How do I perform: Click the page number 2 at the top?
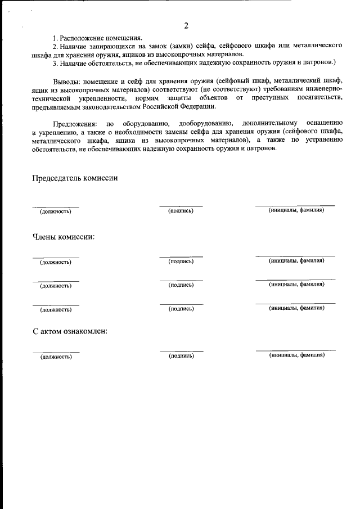(x=186, y=26)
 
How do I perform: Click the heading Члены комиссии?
(x=63, y=237)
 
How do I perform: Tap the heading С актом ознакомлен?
(x=70, y=331)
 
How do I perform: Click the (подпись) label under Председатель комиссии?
(x=181, y=211)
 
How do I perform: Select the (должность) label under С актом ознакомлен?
(x=55, y=357)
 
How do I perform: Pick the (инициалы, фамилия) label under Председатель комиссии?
(x=296, y=210)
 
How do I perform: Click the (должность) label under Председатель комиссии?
(x=55, y=211)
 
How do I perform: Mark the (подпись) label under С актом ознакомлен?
(x=181, y=356)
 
